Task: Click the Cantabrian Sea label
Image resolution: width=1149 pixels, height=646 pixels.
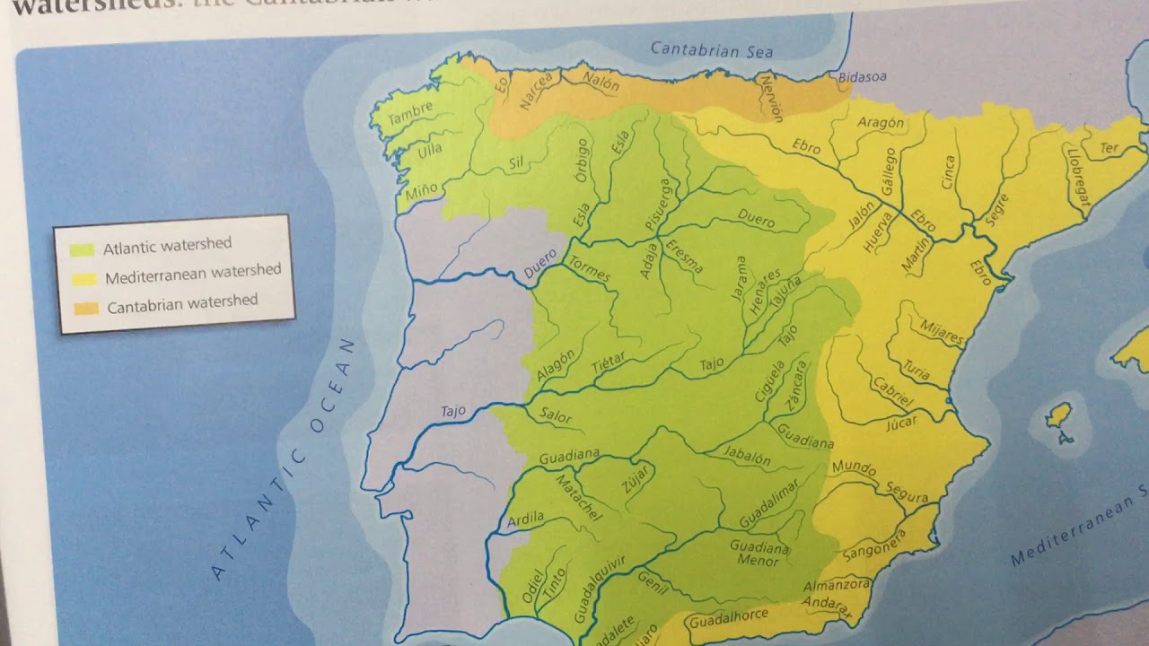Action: click(712, 50)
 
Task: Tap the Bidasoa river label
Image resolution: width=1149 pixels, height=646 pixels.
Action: click(862, 77)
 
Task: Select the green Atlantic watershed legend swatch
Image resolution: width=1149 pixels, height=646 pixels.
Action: click(82, 249)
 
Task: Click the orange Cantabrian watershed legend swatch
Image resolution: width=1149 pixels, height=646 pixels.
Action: click(86, 309)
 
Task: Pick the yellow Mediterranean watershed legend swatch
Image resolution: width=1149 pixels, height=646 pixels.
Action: click(83, 279)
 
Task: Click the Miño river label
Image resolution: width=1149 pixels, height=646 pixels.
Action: click(422, 188)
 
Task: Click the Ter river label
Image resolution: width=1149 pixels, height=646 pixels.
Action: click(1110, 148)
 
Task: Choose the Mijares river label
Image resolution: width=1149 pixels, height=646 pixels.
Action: click(942, 333)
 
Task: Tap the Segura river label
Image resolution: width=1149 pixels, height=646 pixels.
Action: click(907, 493)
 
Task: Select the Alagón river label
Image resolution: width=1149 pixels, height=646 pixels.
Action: click(556, 365)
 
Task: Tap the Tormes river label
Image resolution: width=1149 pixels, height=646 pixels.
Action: click(589, 270)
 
